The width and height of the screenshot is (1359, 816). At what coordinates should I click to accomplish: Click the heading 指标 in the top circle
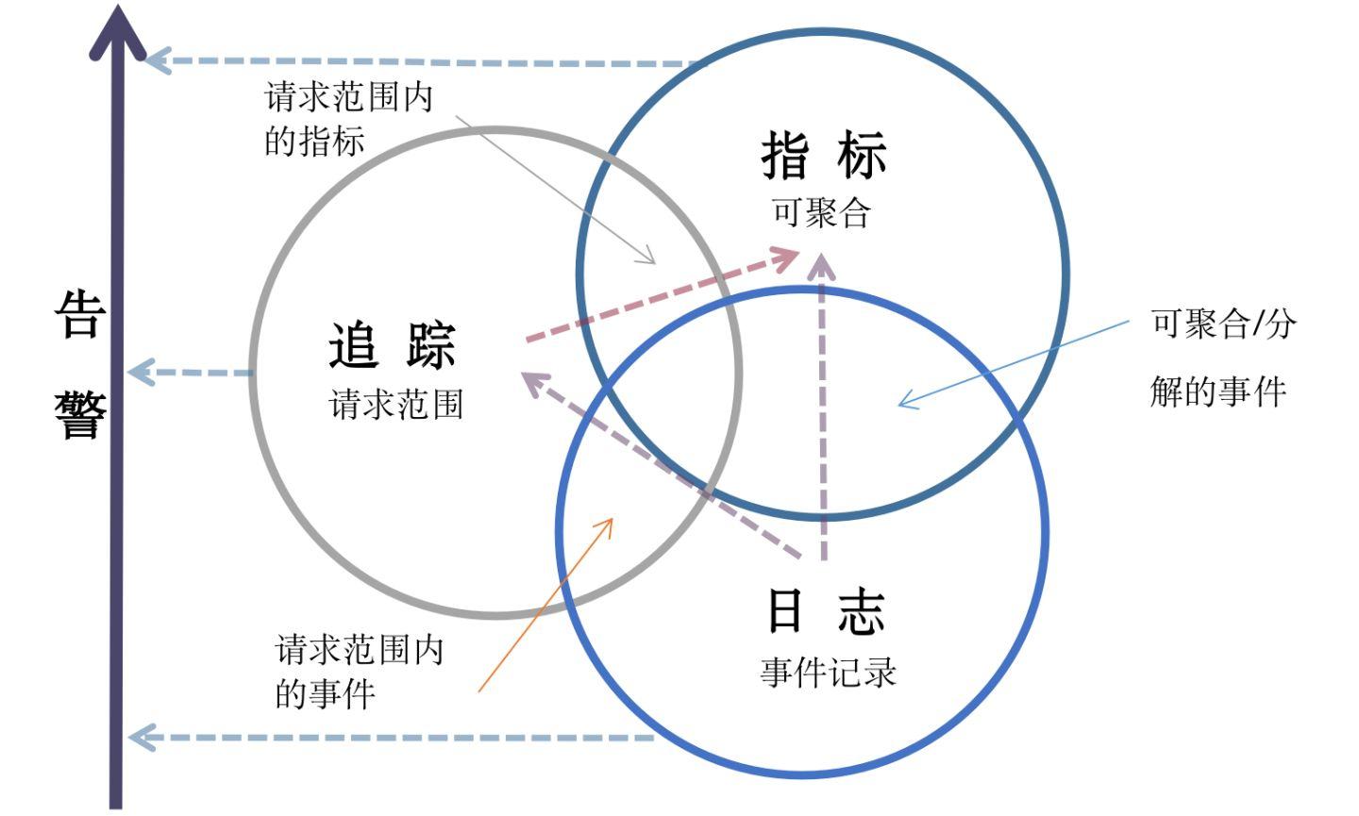coord(824,156)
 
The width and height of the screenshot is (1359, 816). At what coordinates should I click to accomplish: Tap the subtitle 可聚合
coord(820,212)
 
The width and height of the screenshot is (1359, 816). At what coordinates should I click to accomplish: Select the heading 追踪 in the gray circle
coord(393,345)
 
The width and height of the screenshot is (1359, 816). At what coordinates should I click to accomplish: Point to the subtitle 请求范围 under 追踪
coord(396,405)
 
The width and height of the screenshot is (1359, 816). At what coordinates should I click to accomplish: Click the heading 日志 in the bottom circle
coord(825,611)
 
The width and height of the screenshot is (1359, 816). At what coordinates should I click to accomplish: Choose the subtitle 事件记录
coord(828,673)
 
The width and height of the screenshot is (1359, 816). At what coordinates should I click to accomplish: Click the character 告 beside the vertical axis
coord(78,314)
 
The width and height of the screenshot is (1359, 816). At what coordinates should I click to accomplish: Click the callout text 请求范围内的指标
coord(348,119)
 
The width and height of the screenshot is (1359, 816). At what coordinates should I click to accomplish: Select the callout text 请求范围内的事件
coord(359,672)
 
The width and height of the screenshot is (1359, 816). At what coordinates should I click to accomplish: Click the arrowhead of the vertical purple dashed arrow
coord(823,264)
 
